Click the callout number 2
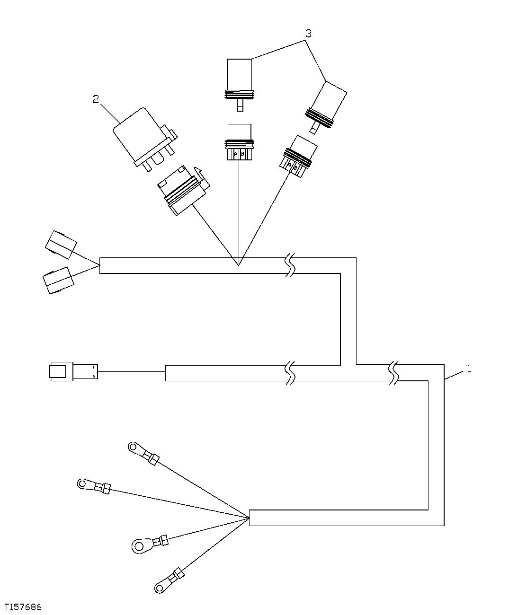96,99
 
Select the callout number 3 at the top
308,34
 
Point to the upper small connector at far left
60,245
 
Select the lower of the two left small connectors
58,281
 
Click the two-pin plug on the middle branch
73,371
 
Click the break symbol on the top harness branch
290,265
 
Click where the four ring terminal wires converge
249,518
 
